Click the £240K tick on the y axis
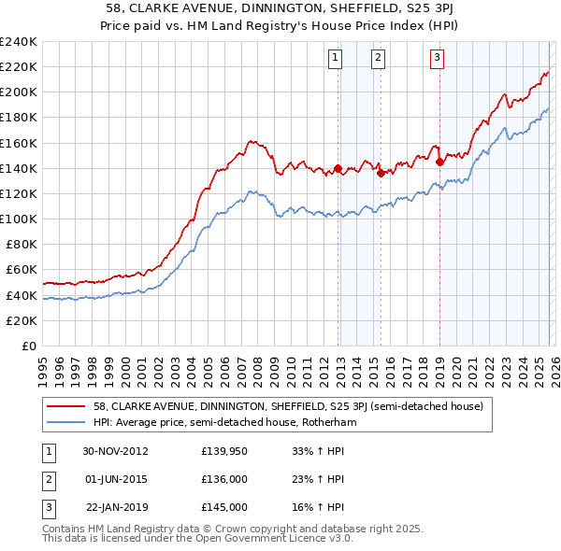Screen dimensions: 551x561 coord(18,42)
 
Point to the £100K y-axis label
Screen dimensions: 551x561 coord(18,219)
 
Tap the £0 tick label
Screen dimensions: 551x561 coord(28,346)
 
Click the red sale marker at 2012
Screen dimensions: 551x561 coord(338,168)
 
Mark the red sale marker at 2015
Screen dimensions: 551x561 coord(381,173)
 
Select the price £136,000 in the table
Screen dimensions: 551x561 coord(224,479)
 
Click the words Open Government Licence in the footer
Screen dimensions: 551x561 coord(268,539)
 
